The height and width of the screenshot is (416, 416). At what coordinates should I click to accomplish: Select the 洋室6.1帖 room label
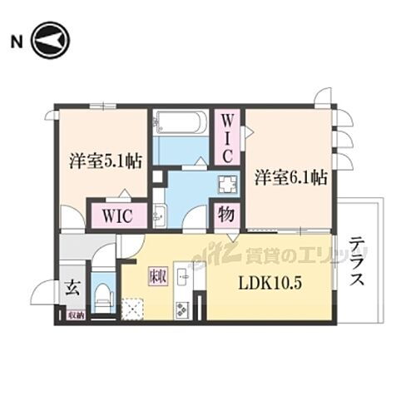290,177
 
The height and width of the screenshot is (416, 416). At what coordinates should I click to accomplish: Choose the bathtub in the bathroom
181,126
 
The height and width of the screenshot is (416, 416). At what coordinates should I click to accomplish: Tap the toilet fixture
102,295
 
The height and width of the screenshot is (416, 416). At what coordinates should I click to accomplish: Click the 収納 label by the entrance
77,315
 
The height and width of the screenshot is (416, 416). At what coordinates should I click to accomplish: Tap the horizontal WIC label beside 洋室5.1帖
119,215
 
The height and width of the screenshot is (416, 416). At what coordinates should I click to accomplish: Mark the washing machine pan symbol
226,184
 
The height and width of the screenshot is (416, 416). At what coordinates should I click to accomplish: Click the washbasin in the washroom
158,215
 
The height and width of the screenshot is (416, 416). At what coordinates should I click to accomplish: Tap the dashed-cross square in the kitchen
135,310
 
